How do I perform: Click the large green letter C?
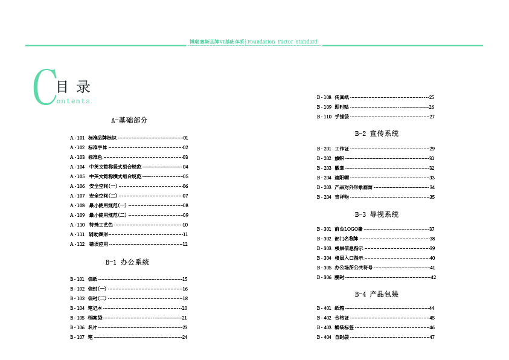[x=43, y=87]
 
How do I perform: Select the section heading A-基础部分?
[x=129, y=120]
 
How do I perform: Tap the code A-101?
[x=77, y=138]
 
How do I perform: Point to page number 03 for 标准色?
[x=185, y=157]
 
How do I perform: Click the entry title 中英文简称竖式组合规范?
[x=115, y=167]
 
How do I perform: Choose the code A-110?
[x=77, y=225]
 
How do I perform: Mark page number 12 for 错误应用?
[x=185, y=244]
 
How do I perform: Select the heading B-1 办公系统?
[x=127, y=262]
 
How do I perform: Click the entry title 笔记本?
[x=95, y=308]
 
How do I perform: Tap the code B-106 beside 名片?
[x=77, y=327]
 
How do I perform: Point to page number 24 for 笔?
[x=185, y=337]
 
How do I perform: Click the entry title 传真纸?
[x=342, y=97]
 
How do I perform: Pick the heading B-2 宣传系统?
[x=376, y=133]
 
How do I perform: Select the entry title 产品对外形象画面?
[x=354, y=187]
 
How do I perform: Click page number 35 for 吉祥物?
[x=432, y=197]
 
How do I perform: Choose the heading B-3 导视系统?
[x=376, y=214]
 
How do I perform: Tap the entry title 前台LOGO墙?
[x=348, y=229]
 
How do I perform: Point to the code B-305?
[x=324, y=268]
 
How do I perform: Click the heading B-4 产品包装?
[x=376, y=294]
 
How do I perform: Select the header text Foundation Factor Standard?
[x=282, y=42]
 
